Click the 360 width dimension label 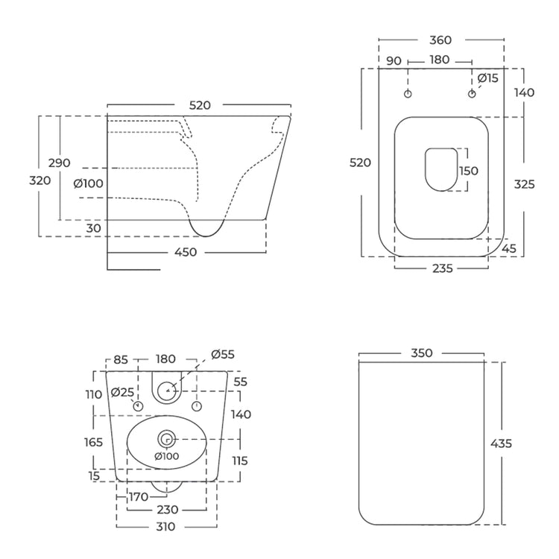440,40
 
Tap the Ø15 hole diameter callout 487,78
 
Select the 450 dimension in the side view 186,252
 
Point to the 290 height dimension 59,163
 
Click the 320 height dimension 40,180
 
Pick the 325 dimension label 524,184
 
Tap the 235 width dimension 443,268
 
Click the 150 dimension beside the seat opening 469,171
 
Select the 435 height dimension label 501,443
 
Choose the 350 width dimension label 422,353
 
